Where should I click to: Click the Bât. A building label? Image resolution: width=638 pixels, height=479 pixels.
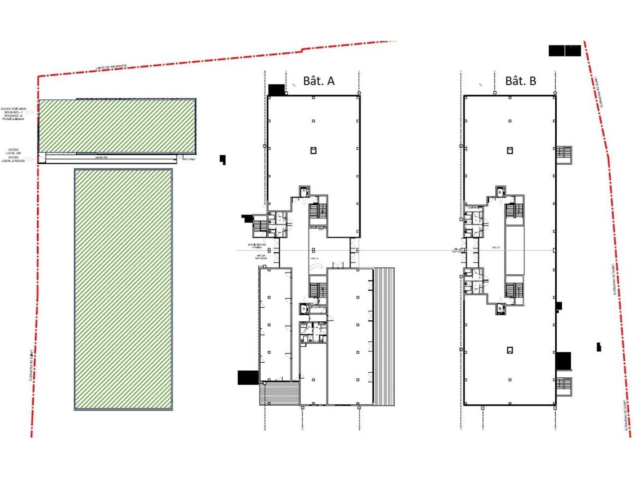click(319, 81)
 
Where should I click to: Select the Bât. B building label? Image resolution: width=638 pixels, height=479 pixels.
click(520, 81)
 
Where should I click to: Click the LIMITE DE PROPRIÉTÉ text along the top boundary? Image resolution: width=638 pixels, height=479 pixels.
click(112, 67)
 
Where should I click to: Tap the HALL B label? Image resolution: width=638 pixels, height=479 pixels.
click(495, 247)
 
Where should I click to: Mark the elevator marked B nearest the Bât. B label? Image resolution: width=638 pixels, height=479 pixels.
click(499, 192)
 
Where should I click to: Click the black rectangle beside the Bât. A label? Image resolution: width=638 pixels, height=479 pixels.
click(276, 90)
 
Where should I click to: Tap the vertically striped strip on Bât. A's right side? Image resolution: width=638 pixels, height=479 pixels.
click(384, 337)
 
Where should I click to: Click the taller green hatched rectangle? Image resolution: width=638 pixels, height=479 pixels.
click(123, 289)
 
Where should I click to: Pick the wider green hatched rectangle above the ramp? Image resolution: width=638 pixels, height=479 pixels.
click(117, 126)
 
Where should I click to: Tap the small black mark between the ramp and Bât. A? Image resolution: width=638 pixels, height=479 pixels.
click(223, 160)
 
